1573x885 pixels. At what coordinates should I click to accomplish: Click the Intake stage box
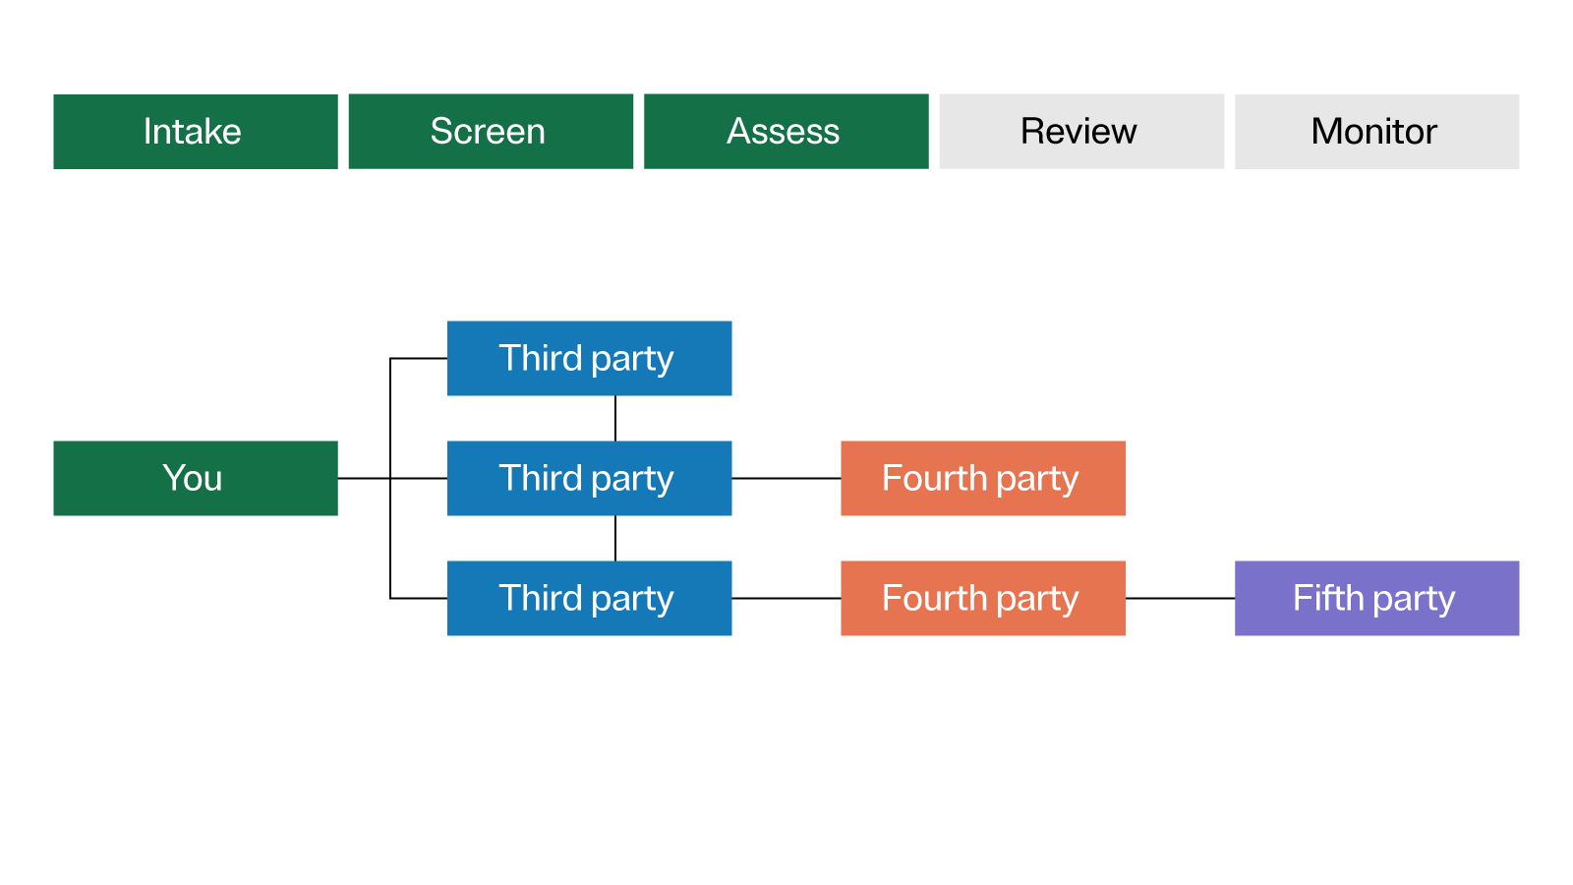click(196, 132)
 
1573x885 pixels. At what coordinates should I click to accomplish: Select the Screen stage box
click(491, 132)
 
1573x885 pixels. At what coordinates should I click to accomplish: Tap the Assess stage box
click(786, 132)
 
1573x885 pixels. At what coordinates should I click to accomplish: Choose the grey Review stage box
click(1081, 132)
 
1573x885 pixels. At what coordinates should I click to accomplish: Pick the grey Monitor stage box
click(1376, 132)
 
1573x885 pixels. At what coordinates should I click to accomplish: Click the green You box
click(196, 478)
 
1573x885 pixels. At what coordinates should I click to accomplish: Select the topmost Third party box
click(589, 358)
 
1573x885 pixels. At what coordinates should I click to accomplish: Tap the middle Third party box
click(589, 478)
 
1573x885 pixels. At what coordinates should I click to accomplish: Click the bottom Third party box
click(589, 598)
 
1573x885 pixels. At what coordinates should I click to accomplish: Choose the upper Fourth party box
click(983, 478)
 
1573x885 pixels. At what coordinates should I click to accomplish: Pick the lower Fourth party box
click(983, 598)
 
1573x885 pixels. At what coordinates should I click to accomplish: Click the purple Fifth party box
click(1376, 598)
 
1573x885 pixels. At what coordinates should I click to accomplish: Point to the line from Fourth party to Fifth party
click(1180, 598)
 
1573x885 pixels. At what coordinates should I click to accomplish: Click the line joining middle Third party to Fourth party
click(786, 478)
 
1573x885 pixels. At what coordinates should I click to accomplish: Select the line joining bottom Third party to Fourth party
click(786, 598)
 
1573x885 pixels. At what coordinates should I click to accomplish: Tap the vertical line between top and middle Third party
click(615, 418)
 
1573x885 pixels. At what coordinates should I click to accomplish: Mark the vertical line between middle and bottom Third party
click(615, 538)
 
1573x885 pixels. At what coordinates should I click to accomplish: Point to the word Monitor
click(1373, 132)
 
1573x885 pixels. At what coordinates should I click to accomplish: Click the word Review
click(1078, 132)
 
